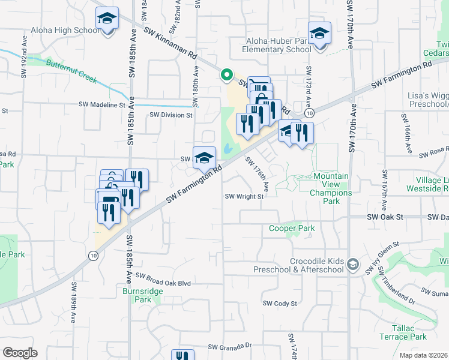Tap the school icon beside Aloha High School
[x=107, y=20]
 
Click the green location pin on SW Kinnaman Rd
[x=227, y=75]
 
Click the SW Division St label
[x=171, y=115]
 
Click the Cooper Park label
[x=283, y=229]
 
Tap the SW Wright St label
[x=244, y=196]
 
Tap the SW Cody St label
[x=281, y=304]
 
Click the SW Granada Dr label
[x=230, y=347]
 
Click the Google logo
[x=20, y=353]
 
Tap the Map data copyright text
[x=424, y=355]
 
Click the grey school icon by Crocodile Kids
[x=354, y=264]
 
